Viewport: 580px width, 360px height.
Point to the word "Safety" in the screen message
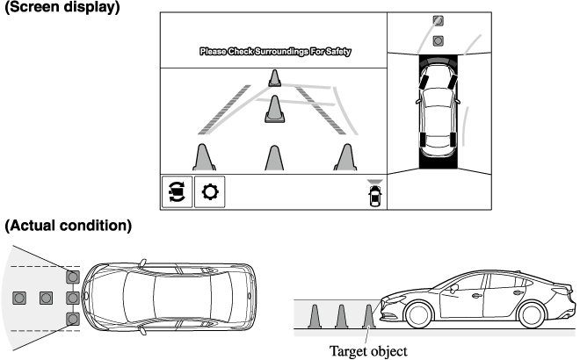click(x=334, y=52)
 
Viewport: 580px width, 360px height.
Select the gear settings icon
click(x=210, y=191)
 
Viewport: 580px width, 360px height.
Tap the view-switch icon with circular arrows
click(x=177, y=191)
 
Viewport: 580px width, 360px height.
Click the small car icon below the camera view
click(x=375, y=195)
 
